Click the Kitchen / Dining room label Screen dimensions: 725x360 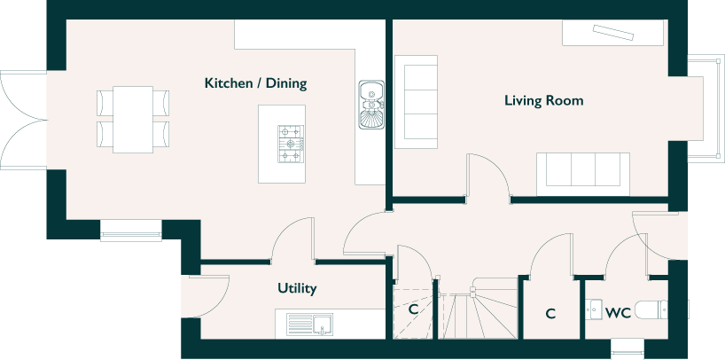point(255,83)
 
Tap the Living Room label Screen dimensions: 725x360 point(544,100)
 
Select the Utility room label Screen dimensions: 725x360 point(297,288)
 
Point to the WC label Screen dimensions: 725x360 point(618,313)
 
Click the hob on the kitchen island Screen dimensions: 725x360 point(291,144)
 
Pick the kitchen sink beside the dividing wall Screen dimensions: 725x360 point(371,105)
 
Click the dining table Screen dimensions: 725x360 point(133,120)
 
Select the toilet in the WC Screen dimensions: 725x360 point(662,309)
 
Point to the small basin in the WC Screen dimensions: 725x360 point(594,309)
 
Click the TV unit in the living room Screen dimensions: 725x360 point(612,33)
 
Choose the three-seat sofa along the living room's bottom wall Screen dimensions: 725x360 point(583,174)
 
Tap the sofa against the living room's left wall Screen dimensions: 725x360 point(416,102)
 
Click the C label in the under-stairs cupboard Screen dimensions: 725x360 point(413,309)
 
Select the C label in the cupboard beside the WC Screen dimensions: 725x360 point(550,314)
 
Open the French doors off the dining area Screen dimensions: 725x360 point(24,120)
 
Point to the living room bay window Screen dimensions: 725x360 point(706,108)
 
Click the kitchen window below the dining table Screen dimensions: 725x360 point(131,231)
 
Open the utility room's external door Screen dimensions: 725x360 point(205,297)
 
